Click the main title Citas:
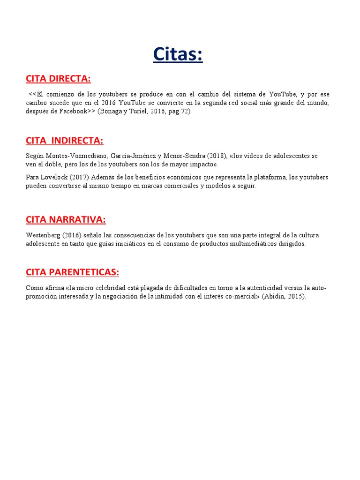pos(178,54)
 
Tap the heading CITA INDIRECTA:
pos(65,141)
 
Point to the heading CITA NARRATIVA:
pos(66,220)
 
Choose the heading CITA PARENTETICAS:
pos(73,272)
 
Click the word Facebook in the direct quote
pos(73,112)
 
